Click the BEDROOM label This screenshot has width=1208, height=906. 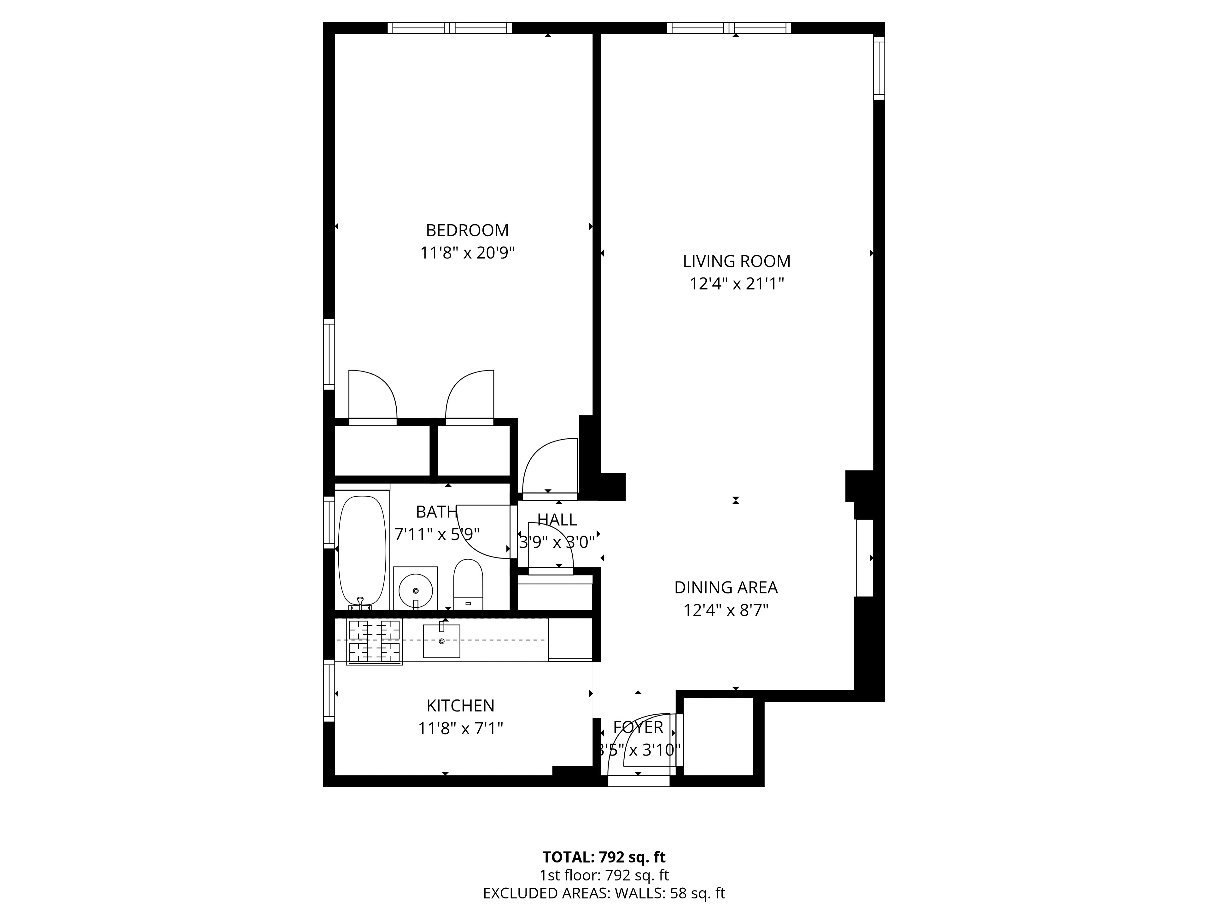tap(467, 231)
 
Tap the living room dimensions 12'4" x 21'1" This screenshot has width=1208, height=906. tap(736, 284)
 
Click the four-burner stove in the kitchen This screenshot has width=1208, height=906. tap(374, 642)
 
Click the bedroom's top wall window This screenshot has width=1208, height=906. tap(449, 28)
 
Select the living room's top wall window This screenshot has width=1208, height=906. tap(728, 28)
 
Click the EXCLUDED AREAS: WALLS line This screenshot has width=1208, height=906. tap(604, 893)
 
